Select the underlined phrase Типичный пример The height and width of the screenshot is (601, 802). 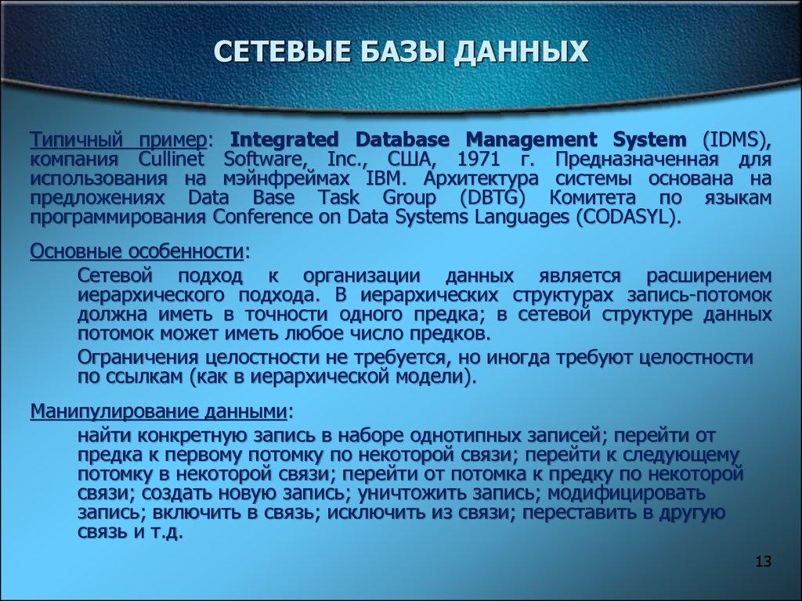click(118, 141)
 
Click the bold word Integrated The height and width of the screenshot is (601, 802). click(287, 141)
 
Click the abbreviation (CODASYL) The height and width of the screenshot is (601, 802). click(626, 217)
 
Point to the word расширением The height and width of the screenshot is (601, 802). click(709, 277)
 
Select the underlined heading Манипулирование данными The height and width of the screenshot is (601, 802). click(158, 412)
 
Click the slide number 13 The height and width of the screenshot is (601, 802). click(764, 563)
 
